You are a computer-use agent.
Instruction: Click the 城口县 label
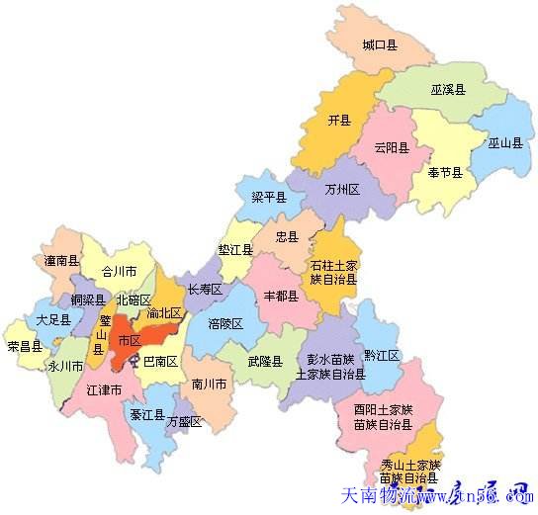(x=379, y=45)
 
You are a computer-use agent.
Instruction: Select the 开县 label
(x=339, y=121)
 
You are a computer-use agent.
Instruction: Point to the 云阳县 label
(x=392, y=149)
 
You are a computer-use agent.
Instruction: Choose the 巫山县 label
(x=504, y=142)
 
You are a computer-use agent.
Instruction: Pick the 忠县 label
(x=287, y=237)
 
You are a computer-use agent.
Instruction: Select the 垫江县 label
(x=235, y=251)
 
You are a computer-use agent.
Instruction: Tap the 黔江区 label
(x=381, y=355)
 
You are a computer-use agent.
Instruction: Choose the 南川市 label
(x=210, y=384)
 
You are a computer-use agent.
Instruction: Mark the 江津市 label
(x=104, y=391)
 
